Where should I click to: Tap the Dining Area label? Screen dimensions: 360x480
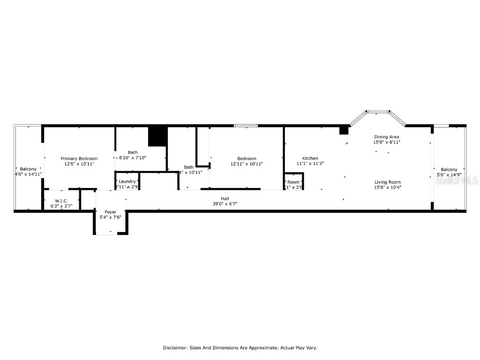[387, 136]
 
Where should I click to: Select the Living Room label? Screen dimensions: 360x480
[388, 182]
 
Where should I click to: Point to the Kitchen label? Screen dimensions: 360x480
[310, 158]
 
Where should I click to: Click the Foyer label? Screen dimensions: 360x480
[110, 212]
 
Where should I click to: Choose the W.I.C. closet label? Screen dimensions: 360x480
[61, 201]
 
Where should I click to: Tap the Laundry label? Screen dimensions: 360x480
[127, 181]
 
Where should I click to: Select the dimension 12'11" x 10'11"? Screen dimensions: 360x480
[247, 164]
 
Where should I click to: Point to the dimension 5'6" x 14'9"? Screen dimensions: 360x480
[449, 174]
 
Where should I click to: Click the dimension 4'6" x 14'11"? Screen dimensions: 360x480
[28, 174]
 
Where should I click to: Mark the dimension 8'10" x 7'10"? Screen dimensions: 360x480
[133, 157]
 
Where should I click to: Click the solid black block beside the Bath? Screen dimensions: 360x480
[157, 136]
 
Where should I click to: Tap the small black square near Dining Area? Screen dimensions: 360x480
[344, 130]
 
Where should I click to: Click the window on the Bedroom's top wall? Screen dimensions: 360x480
[246, 126]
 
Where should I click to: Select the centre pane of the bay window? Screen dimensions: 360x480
[378, 112]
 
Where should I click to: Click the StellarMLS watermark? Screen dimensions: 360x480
[457, 180]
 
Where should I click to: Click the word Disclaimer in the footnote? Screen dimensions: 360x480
[175, 348]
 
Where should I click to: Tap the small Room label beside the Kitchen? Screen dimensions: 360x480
[293, 182]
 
